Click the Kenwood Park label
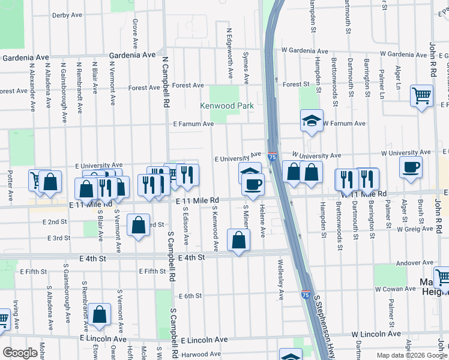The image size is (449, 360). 227,106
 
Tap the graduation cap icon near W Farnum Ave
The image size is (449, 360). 312,121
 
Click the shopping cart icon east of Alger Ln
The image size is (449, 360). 422,95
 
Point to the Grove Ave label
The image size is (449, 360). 135,33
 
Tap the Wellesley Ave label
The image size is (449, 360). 280,279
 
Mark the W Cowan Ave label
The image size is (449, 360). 396,289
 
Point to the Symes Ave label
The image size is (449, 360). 246,68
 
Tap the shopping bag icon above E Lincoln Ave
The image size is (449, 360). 99,314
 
